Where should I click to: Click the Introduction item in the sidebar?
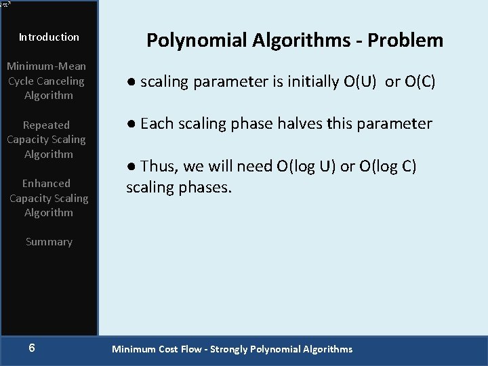(x=49, y=37)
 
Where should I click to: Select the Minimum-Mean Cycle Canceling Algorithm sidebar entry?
(x=46, y=81)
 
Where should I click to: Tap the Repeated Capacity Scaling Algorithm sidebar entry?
(x=46, y=140)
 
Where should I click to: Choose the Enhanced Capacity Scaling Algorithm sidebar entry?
(x=48, y=198)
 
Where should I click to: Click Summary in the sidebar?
(x=49, y=242)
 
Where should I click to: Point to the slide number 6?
(x=32, y=348)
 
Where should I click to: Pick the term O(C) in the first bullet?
(x=420, y=82)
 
